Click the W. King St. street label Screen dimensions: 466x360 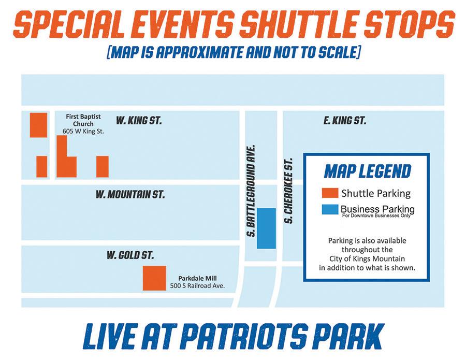pyautogui.click(x=139, y=120)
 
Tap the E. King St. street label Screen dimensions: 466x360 pyautogui.click(x=345, y=120)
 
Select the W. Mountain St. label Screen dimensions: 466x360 pyautogui.click(x=130, y=194)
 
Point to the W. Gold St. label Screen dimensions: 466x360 pyautogui.click(x=130, y=255)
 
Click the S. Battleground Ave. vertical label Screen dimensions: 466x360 pyautogui.click(x=252, y=191)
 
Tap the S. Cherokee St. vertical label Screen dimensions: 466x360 pyautogui.click(x=288, y=191)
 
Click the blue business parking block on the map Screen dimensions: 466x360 pyautogui.click(x=266, y=228)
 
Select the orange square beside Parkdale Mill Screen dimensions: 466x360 pyautogui.click(x=154, y=278)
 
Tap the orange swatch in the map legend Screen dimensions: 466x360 pyautogui.click(x=330, y=193)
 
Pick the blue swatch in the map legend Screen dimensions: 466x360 pyautogui.click(x=330, y=209)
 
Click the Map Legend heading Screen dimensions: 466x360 pyautogui.click(x=367, y=171)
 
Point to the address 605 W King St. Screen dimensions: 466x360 pyautogui.click(x=83, y=131)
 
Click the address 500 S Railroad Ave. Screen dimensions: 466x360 pyautogui.click(x=197, y=286)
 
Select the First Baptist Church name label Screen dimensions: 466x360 pyautogui.click(x=83, y=120)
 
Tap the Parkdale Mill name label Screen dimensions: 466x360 pyautogui.click(x=197, y=278)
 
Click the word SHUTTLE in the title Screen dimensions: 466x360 pyautogui.click(x=300, y=23)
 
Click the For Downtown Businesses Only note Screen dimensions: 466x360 pyautogui.click(x=376, y=215)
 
